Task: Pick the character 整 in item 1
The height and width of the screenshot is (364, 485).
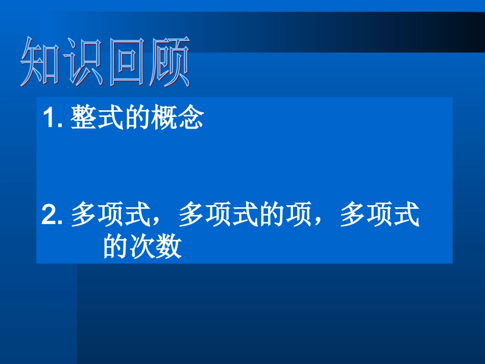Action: click(84, 118)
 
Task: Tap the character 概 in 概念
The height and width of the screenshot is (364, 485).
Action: click(163, 118)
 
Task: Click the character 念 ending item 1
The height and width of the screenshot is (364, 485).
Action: click(190, 118)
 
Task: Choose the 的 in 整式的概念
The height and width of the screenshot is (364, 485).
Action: click(137, 118)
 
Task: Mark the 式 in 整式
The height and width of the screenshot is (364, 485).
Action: click(110, 118)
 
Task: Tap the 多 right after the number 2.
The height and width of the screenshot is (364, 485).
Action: click(84, 215)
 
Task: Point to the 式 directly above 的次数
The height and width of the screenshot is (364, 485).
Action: click(406, 215)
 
